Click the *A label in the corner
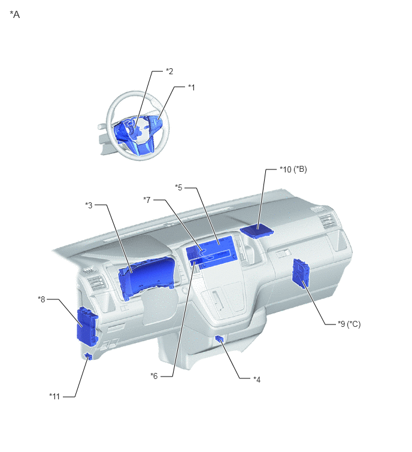15,14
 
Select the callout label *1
192,87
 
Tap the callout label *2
169,71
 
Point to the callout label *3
89,205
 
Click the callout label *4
257,380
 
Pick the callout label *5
179,187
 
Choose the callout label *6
154,376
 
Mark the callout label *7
147,200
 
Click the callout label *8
41,299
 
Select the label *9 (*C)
349,324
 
